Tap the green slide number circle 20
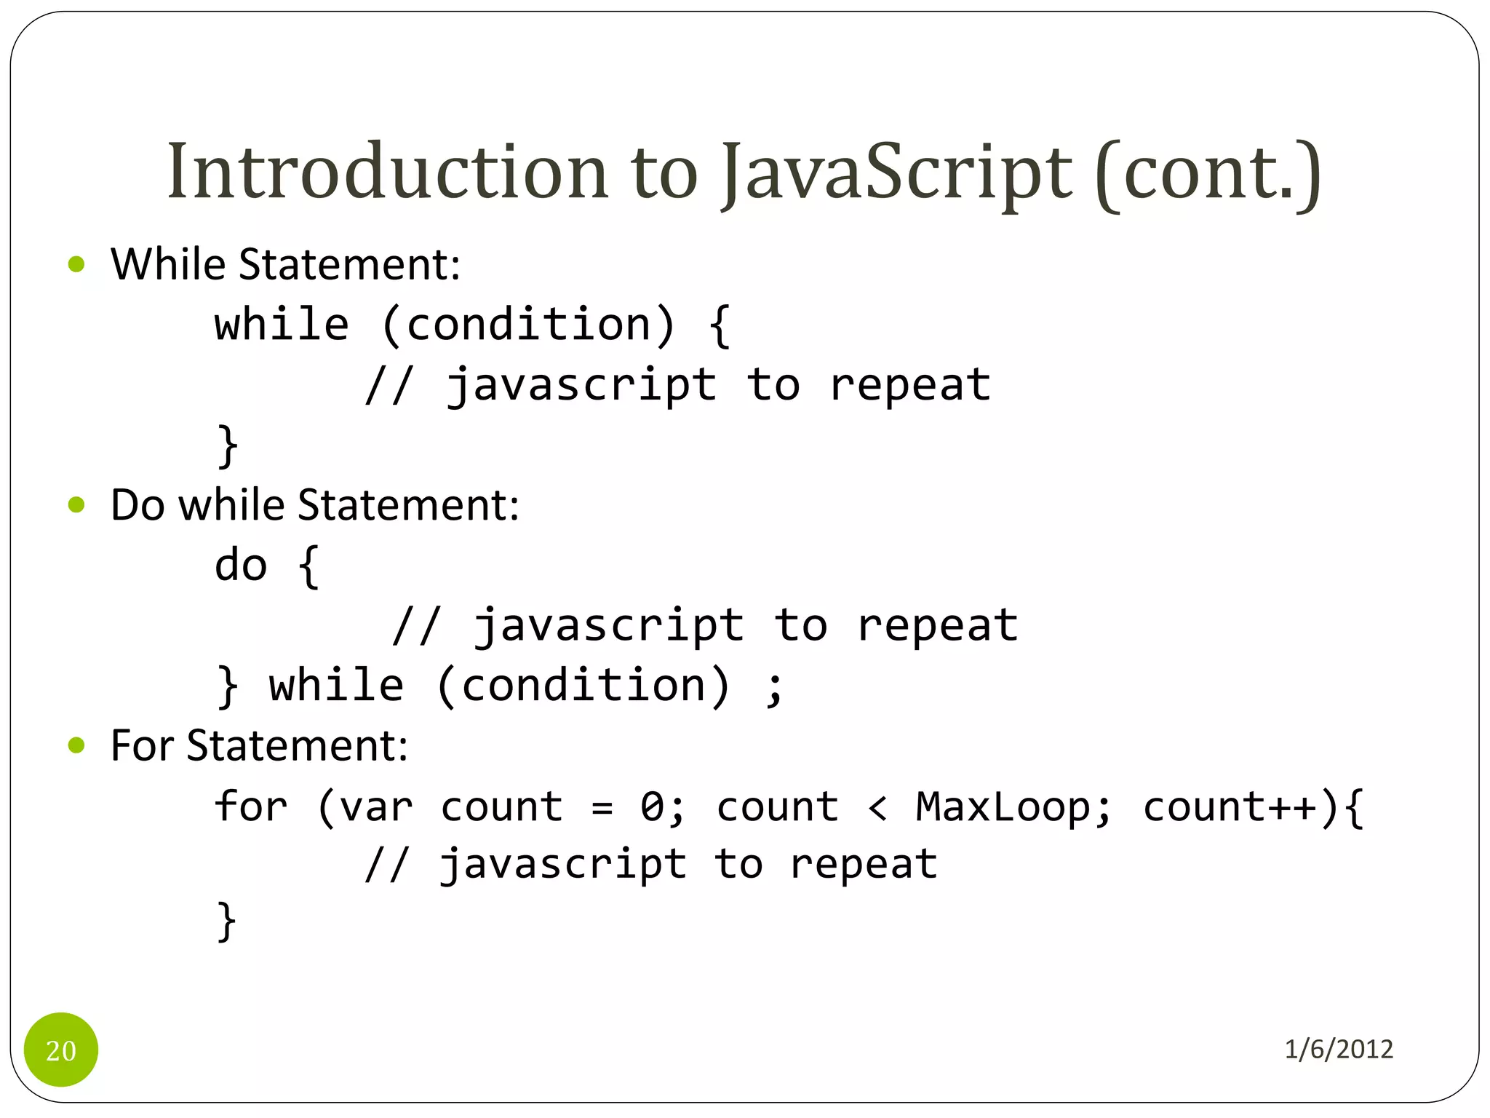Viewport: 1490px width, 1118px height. click(61, 1050)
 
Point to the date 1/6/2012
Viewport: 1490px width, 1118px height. click(1339, 1049)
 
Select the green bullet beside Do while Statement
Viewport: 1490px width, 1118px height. click(76, 504)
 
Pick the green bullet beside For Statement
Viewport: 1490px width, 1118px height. click(76, 745)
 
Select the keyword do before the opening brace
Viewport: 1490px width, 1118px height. click(241, 566)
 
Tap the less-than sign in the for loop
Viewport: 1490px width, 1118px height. click(877, 808)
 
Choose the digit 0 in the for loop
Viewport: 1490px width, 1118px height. click(652, 806)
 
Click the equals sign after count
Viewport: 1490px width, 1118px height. click(602, 808)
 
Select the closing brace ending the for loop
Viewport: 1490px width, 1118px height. click(227, 921)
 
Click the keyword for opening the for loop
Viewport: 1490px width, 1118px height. click(251, 806)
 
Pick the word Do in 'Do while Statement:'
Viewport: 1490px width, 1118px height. click(138, 504)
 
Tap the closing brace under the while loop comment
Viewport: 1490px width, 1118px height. click(227, 445)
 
